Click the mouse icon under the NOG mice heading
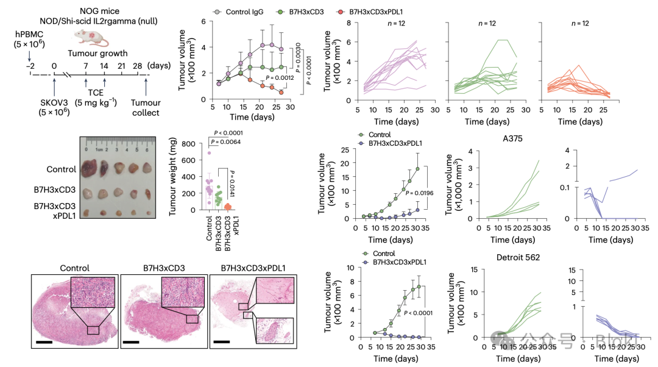97,39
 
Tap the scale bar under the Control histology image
44,342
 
